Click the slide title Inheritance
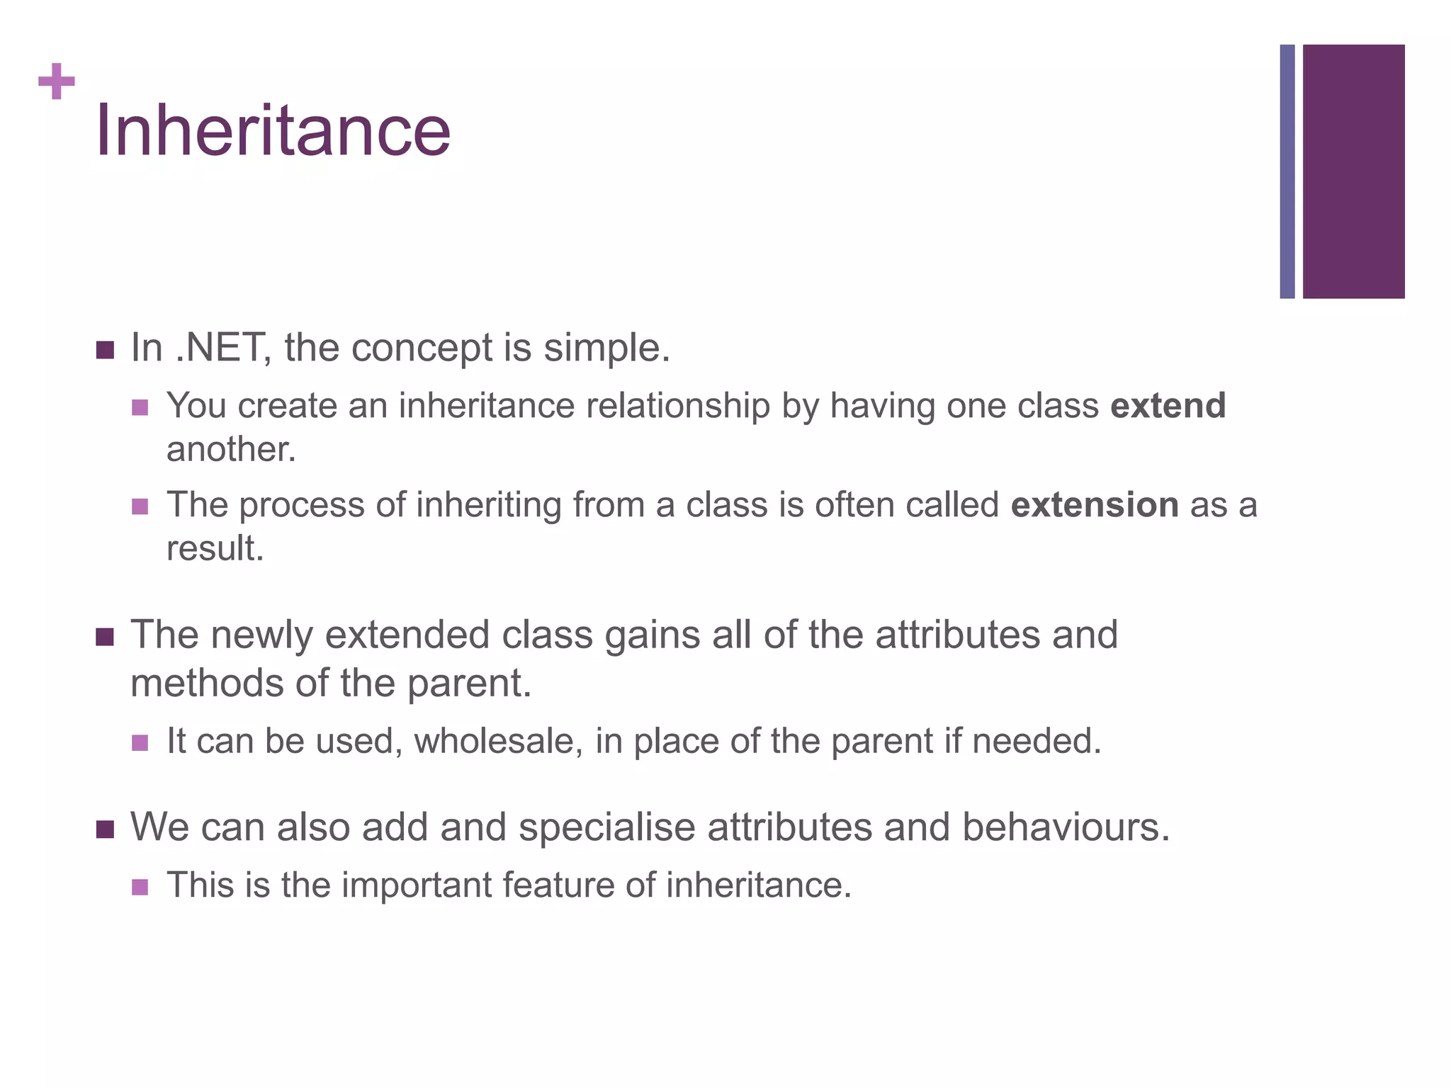click(273, 131)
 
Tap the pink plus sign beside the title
click(57, 81)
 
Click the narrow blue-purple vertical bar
click(1287, 171)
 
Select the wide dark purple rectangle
click(1353, 171)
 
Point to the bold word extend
click(1168, 406)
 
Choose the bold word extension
click(1095, 505)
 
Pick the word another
click(231, 450)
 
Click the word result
click(215, 549)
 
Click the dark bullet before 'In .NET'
click(105, 350)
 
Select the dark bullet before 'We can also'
click(105, 829)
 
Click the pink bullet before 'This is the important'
click(140, 887)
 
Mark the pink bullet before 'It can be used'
click(140, 743)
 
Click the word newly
click(261, 635)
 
